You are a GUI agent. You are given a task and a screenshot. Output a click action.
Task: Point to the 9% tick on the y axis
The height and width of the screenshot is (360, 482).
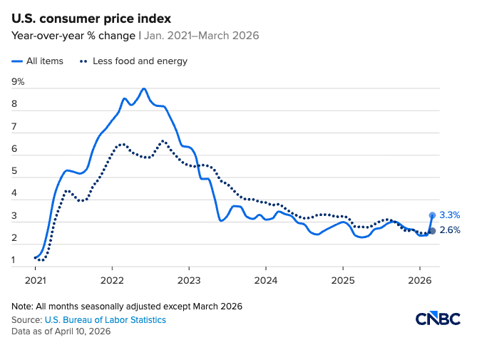(x=19, y=82)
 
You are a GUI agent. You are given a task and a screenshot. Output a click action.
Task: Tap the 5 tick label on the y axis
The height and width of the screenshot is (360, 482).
(x=16, y=171)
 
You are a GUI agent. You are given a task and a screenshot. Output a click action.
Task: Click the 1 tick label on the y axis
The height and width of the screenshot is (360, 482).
(x=16, y=260)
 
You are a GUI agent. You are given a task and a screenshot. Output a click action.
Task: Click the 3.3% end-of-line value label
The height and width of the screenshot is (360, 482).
(x=450, y=215)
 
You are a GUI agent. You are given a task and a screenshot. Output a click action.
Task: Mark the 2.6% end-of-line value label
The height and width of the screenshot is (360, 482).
(x=450, y=230)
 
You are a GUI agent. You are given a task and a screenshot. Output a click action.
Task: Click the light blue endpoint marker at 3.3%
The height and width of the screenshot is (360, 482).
(x=432, y=215)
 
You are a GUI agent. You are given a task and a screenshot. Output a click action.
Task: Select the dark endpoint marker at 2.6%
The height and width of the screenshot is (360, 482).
(x=432, y=230)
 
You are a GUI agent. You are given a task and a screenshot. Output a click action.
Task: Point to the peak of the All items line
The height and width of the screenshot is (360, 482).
(x=144, y=89)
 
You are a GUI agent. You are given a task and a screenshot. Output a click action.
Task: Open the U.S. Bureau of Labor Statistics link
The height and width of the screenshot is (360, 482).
(x=105, y=320)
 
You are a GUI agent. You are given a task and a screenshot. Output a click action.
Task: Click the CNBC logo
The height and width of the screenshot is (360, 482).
(x=438, y=319)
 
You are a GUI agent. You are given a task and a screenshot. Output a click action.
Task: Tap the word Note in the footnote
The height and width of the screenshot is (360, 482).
(x=22, y=307)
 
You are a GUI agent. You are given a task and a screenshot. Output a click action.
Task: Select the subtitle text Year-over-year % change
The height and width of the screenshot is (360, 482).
(x=73, y=36)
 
